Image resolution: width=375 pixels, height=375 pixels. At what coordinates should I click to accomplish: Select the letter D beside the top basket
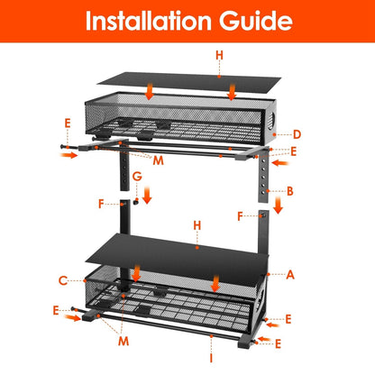tap(298, 135)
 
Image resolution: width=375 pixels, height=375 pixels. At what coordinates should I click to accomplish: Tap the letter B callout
tap(290, 191)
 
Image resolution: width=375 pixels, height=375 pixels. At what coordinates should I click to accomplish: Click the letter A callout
tap(289, 272)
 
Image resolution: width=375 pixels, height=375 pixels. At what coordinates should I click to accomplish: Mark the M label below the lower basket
tap(123, 343)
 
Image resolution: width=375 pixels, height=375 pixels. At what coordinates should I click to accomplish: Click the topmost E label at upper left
tap(66, 121)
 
